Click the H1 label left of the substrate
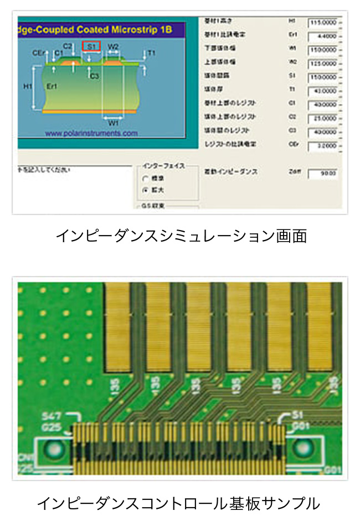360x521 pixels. point(27,87)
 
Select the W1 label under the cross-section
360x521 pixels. point(112,122)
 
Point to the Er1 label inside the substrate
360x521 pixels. point(52,87)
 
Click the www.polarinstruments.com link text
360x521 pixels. point(91,133)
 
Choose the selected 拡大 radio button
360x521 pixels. point(146,190)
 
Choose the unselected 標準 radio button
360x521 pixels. point(146,179)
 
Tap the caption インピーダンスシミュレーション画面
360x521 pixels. point(181,237)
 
